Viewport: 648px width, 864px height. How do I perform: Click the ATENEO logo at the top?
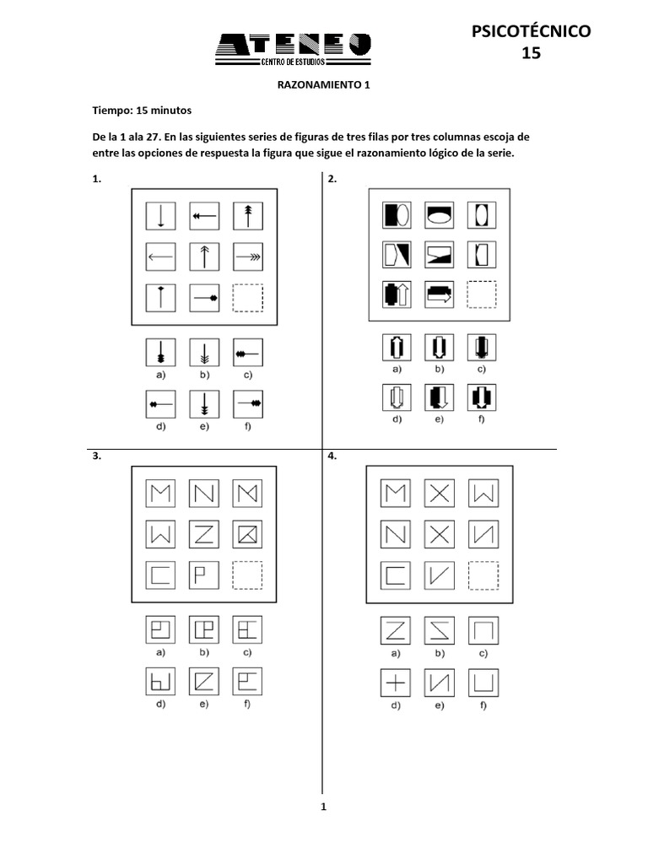click(293, 50)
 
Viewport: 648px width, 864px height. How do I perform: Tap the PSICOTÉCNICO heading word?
click(531, 31)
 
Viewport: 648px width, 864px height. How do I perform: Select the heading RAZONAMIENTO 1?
click(324, 85)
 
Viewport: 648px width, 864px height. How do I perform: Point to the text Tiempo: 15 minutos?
click(142, 111)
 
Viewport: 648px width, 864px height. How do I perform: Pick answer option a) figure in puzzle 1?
click(160, 351)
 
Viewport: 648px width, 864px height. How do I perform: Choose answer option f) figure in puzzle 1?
click(248, 403)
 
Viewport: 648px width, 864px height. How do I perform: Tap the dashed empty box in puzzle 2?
click(482, 294)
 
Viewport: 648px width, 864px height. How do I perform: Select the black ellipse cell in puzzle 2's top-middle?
click(439, 213)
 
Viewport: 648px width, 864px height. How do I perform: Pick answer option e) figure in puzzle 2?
click(439, 397)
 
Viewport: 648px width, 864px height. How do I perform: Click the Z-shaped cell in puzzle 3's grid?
click(204, 534)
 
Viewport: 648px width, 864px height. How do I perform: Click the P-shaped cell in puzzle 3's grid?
click(204, 575)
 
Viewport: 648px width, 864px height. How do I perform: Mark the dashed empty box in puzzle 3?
click(248, 575)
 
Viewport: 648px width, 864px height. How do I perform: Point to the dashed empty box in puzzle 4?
click(482, 575)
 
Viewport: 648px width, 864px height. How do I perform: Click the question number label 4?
click(332, 456)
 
